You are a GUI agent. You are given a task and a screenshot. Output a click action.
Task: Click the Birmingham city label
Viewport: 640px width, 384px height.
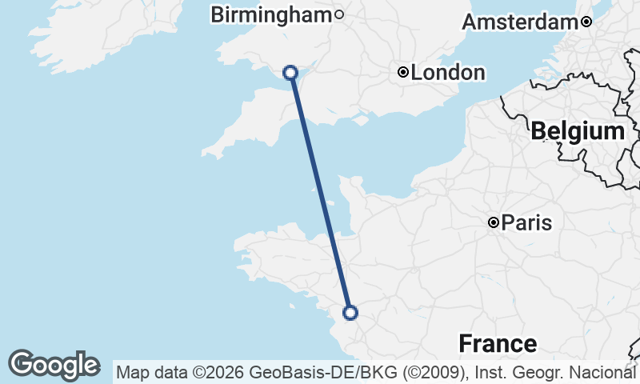(270, 14)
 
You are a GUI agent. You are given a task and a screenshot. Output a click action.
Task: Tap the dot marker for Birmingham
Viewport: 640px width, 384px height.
(339, 14)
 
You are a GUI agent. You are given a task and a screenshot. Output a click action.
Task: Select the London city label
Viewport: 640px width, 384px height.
(448, 73)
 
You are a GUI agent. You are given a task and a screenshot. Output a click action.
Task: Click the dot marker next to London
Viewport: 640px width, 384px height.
(403, 73)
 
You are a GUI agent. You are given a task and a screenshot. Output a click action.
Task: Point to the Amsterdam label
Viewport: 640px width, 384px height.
(520, 22)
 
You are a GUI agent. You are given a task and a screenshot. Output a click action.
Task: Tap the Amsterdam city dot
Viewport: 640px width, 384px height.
(586, 22)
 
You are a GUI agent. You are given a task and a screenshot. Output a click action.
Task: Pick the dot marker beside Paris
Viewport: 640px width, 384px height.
(494, 222)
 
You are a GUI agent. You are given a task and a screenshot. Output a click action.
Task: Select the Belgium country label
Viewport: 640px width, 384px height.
(578, 131)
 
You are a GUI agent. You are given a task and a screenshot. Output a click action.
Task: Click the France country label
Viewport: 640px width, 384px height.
(498, 344)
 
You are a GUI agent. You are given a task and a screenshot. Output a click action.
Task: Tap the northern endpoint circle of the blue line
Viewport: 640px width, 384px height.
(290, 73)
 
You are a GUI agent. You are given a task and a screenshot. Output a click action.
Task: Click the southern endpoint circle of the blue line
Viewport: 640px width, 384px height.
(350, 312)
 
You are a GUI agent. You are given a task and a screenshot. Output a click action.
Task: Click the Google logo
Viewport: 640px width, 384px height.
(54, 365)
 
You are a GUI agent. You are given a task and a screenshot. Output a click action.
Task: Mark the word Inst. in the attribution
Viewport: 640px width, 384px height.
(492, 372)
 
